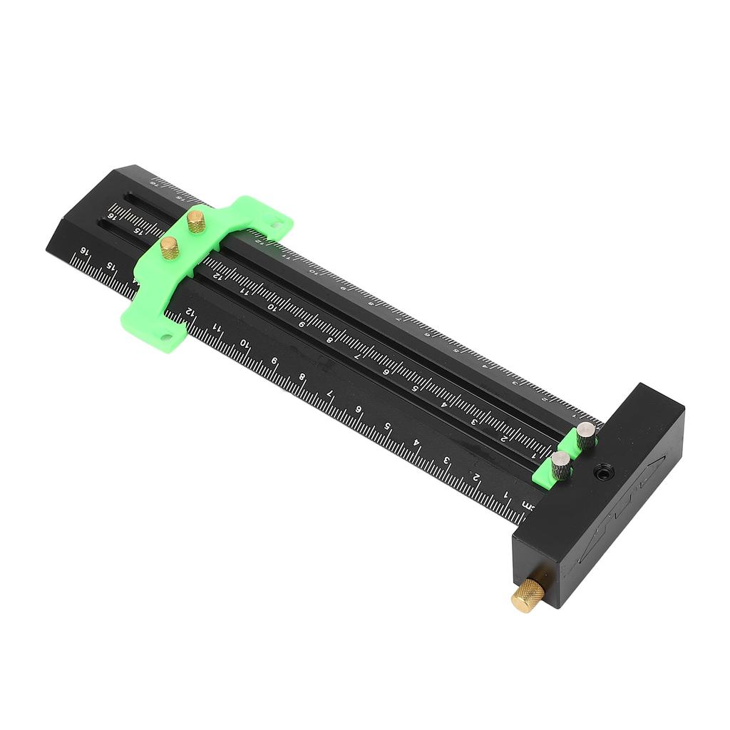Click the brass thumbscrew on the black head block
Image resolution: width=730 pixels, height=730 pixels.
tap(528, 595)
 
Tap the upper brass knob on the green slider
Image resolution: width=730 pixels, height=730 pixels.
tap(196, 221)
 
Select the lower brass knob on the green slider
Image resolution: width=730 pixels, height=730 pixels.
tap(170, 247)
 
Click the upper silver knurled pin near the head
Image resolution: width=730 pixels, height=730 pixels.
tap(585, 434)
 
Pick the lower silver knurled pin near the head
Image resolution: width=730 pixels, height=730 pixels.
tap(561, 465)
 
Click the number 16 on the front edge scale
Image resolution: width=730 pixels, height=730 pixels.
tap(84, 252)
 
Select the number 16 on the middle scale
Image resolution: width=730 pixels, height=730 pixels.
tap(112, 215)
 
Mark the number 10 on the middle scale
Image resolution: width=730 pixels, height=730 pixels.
tap(272, 306)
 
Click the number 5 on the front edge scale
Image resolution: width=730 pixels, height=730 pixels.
tap(388, 426)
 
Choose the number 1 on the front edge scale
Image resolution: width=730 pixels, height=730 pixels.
tap(506, 494)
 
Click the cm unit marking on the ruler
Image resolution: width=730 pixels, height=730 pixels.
tap(528, 505)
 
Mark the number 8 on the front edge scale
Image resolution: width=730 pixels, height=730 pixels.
tap(302, 376)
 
